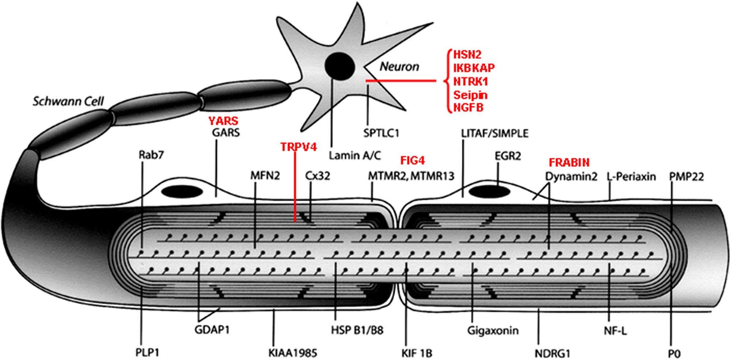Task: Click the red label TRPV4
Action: (298, 147)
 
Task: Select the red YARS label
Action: (223, 121)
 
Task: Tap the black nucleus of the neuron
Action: (340, 67)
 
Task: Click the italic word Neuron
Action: (399, 67)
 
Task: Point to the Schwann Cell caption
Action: (68, 101)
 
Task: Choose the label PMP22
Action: (686, 177)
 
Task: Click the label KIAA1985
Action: (292, 353)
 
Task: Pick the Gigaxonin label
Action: (493, 330)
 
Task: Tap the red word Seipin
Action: (470, 95)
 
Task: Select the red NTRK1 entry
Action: (470, 81)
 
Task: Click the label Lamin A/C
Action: (355, 156)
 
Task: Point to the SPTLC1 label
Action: (381, 133)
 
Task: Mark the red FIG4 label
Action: (412, 160)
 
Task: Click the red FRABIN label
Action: (569, 162)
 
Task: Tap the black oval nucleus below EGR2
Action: (489, 191)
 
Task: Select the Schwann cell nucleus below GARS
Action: (182, 192)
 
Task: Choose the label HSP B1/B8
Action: (357, 330)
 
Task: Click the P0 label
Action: (674, 354)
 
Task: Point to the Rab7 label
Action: (151, 155)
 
